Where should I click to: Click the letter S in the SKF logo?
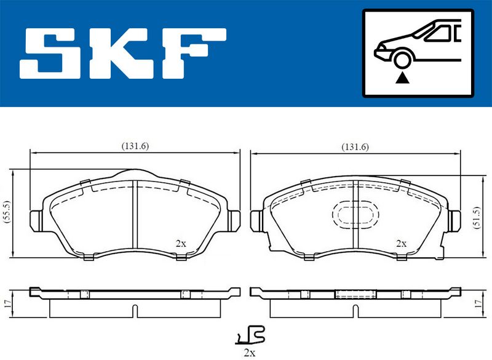[x=50, y=53]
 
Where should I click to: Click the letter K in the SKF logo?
[x=121, y=53]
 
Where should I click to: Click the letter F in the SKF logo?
[x=194, y=53]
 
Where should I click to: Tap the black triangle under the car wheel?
[x=402, y=78]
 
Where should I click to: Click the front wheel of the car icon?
[x=403, y=60]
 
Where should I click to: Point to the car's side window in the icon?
[x=438, y=34]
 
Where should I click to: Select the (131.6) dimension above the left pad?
[x=135, y=146]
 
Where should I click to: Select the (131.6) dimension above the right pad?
[x=355, y=147]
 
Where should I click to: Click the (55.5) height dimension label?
[x=7, y=212]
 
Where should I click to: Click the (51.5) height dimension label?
[x=477, y=217]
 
